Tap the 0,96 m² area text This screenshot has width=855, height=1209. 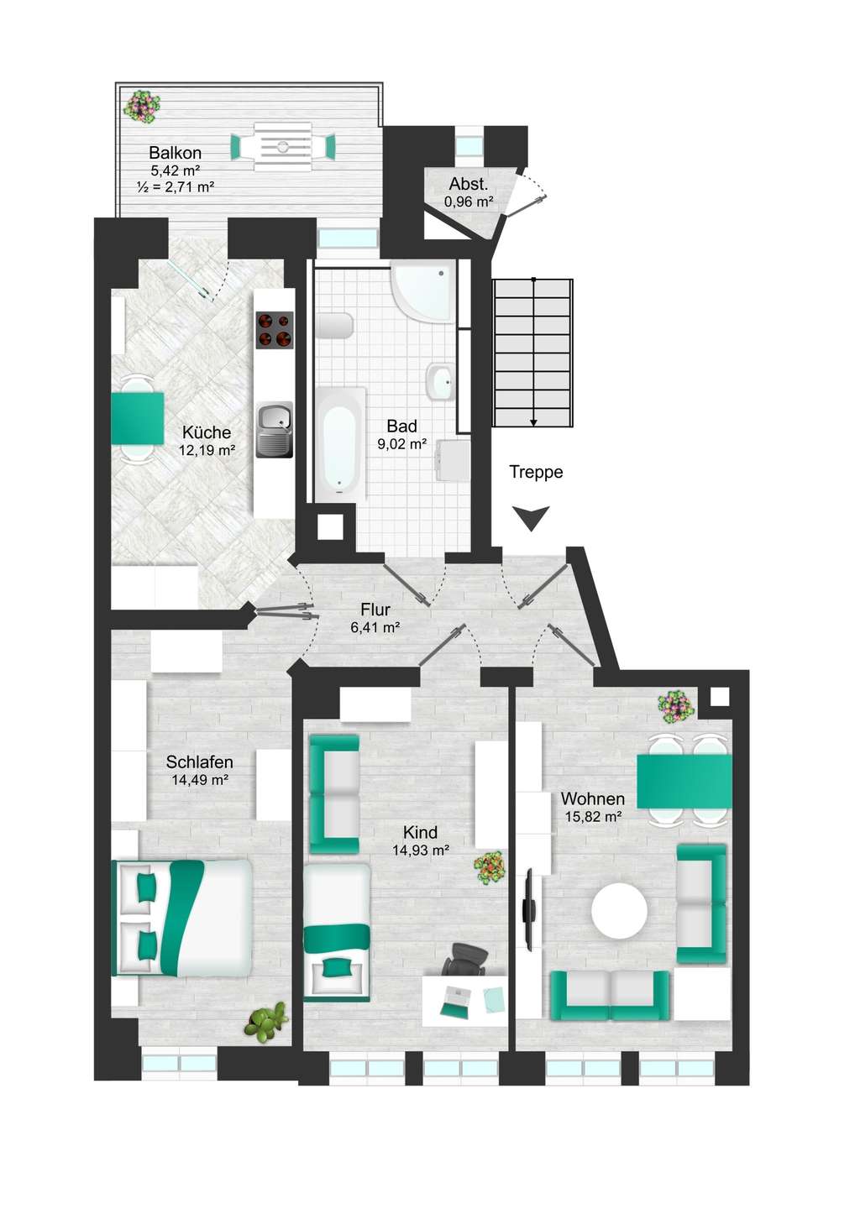469,202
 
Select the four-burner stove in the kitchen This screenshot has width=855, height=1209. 275,330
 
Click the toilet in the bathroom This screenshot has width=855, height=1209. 334,326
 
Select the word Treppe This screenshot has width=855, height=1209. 536,472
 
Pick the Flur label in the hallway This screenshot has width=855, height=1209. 375,610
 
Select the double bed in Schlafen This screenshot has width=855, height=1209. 182,919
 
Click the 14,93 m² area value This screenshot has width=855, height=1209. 422,850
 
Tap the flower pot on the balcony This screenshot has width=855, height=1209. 143,107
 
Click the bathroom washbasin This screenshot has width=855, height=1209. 442,382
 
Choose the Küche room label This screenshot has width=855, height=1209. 207,432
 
